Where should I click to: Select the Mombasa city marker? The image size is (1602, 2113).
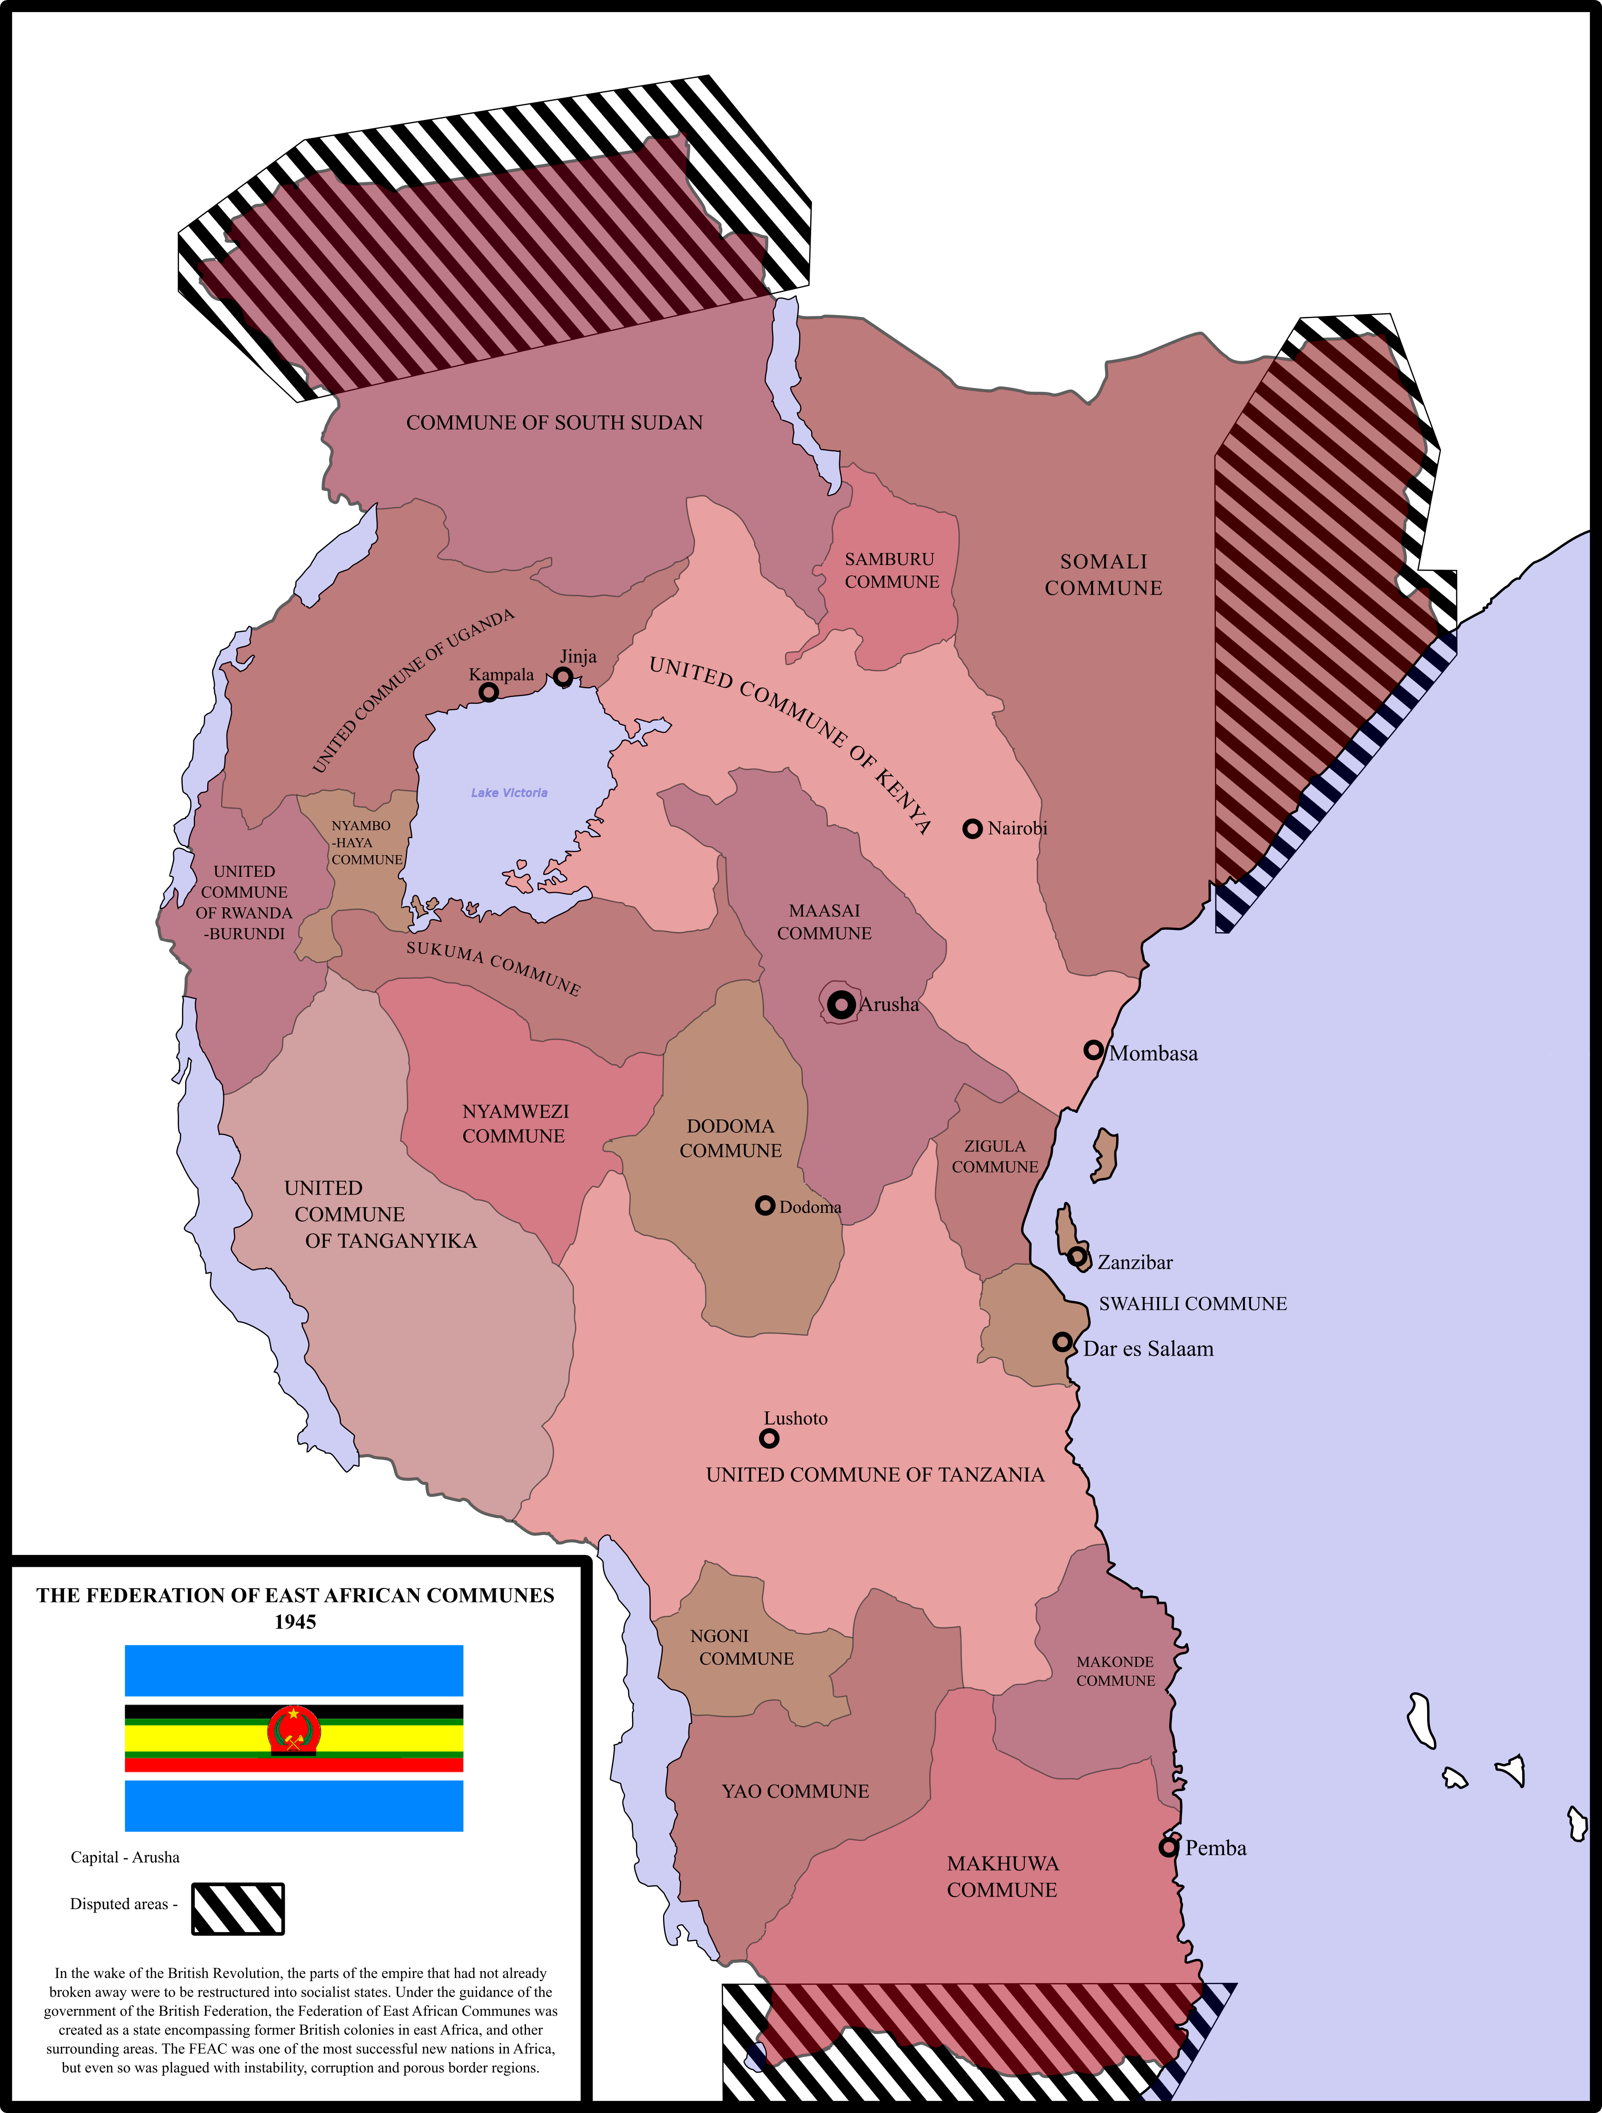coord(1094,1050)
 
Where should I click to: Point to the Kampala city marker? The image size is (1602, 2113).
coord(488,691)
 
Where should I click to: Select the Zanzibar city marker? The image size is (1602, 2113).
coord(1076,1256)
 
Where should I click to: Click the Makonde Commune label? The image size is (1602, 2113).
coord(1115,1671)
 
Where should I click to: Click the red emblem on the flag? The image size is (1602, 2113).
coord(294,1731)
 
